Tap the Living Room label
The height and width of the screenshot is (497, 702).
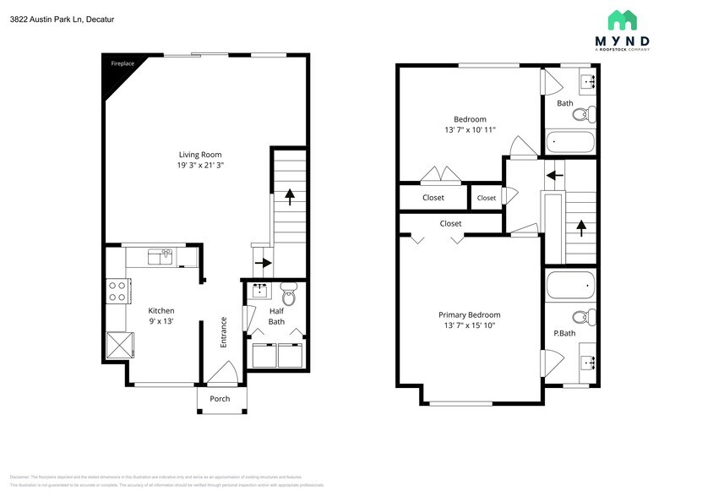(x=200, y=154)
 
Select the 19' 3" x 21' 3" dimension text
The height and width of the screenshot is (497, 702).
(x=200, y=166)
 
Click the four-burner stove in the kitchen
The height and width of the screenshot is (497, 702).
(x=118, y=292)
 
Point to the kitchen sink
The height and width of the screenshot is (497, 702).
(x=160, y=254)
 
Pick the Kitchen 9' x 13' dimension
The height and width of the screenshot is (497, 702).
(x=161, y=322)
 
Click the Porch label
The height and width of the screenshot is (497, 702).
(x=220, y=399)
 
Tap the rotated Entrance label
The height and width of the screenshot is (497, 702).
(x=224, y=332)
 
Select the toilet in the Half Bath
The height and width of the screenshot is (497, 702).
(x=288, y=296)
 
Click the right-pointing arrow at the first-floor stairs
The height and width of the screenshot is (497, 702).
(x=263, y=263)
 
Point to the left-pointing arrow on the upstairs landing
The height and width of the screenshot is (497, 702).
(x=554, y=176)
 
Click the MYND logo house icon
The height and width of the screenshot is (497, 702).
(x=623, y=20)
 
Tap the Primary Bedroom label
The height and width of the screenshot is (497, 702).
(x=471, y=314)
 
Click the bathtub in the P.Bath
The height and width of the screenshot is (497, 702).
(x=570, y=285)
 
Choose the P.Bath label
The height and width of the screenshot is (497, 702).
(x=564, y=333)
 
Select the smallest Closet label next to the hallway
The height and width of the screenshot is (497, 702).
(x=487, y=198)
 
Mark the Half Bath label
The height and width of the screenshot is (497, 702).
(x=277, y=316)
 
